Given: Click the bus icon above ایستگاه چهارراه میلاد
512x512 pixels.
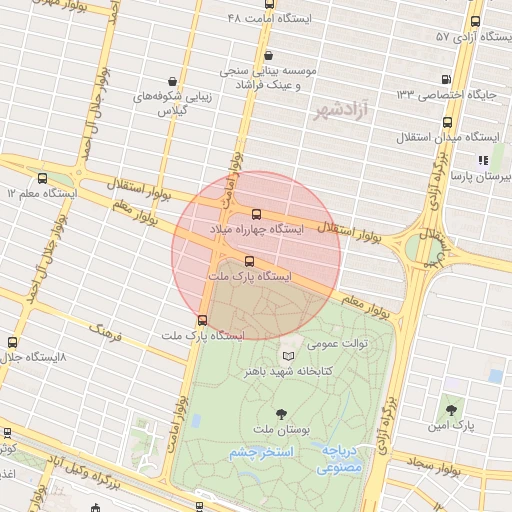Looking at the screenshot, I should (x=257, y=214).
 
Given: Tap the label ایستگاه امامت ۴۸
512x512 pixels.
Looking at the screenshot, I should (x=269, y=19).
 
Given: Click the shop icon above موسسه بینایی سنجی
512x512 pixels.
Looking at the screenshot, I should (x=267, y=56).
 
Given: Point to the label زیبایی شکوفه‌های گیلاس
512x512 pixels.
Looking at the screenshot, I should (x=174, y=104).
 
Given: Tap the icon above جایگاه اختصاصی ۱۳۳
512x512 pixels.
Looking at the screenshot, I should (x=445, y=79).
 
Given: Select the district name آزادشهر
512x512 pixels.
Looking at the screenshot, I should (x=339, y=109).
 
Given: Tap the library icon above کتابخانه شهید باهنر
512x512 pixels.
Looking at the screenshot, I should (x=289, y=356).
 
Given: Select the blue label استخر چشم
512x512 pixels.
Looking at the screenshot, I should (x=263, y=453).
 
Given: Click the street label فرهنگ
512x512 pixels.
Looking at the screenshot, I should (x=104, y=329).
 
